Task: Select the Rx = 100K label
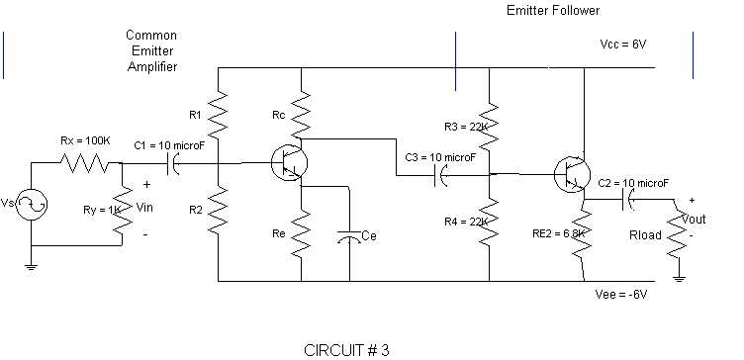point(85,141)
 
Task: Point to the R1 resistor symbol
point(219,115)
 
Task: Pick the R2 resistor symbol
point(219,210)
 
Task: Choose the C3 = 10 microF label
point(440,157)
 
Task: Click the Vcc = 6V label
point(622,46)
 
